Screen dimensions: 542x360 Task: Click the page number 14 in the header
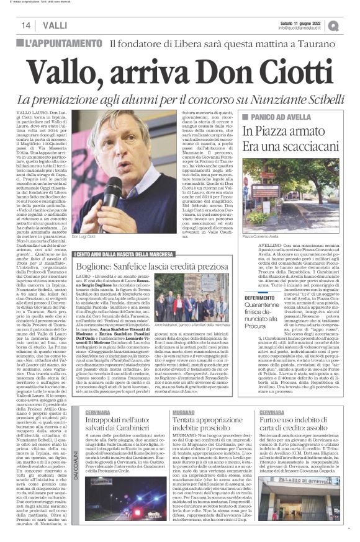(26, 25)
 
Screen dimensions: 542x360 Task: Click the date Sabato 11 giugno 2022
(304, 22)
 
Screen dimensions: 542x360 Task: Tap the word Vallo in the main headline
(83, 66)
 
